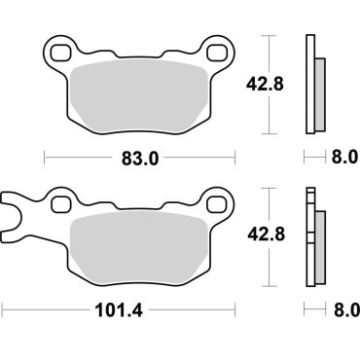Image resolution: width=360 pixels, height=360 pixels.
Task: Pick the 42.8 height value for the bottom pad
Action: pos(285,234)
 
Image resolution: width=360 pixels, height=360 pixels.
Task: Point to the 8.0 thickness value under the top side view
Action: pos(346,156)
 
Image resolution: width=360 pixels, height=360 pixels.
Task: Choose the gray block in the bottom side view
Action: pos(319,243)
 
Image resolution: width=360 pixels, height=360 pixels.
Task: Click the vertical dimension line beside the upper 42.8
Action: pos(268,86)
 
